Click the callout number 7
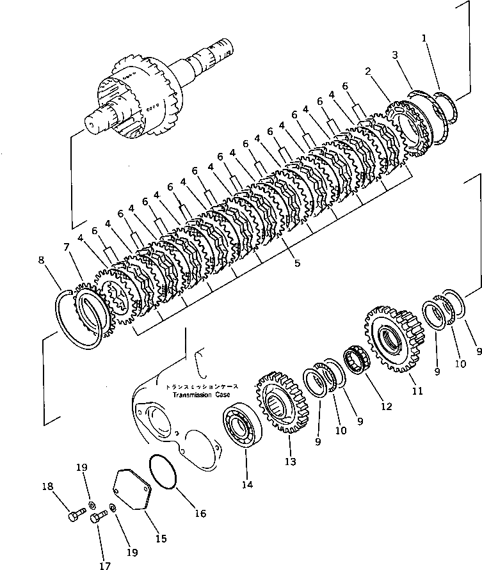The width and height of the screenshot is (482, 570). pos(66,247)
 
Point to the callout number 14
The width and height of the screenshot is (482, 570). pos(247,485)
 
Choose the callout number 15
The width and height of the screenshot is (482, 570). pos(161,539)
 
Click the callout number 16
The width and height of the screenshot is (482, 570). pos(200,513)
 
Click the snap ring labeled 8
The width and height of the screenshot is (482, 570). pos(81,320)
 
